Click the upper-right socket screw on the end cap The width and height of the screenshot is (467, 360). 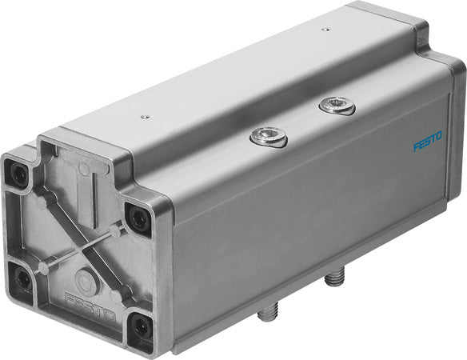(x=138, y=217)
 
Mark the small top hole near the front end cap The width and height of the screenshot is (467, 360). (x=144, y=117)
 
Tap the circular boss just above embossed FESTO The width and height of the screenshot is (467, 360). (x=83, y=280)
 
